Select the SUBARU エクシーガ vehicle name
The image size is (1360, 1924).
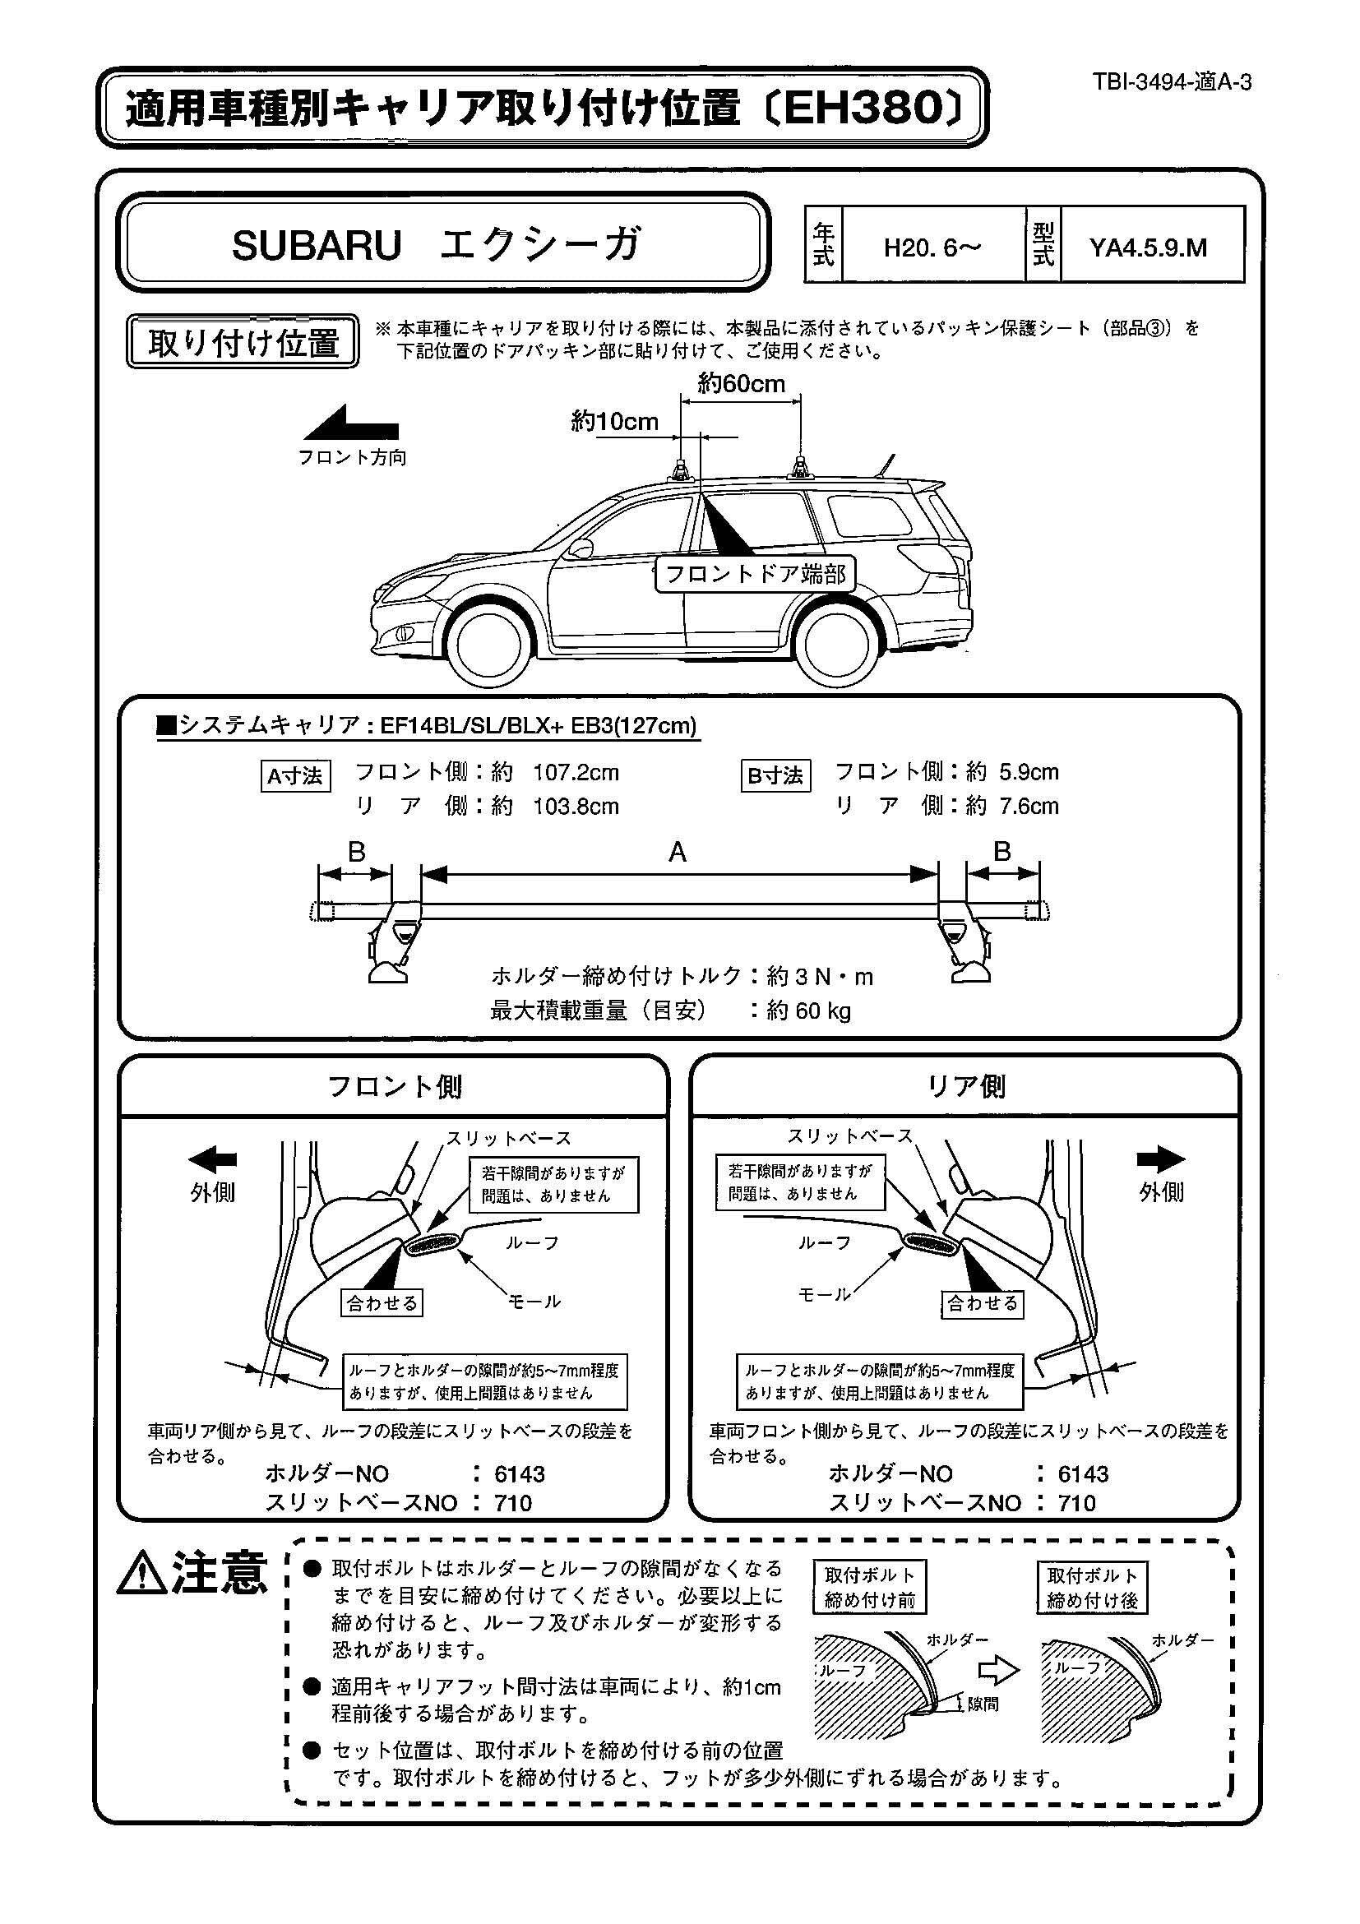pos(437,246)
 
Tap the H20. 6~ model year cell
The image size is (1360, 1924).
pos(932,247)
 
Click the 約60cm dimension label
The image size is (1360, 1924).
pos(741,384)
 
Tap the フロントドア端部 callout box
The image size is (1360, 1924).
pos(754,575)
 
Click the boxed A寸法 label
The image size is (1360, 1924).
pos(295,776)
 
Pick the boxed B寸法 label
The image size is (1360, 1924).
pos(775,776)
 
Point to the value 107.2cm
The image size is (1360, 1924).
pos(576,772)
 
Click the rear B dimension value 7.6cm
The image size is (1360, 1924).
pos(1029,806)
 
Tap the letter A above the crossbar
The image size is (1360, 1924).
pos(677,853)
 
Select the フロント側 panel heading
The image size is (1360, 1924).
pos(394,1087)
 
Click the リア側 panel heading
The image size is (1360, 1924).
pos(965,1087)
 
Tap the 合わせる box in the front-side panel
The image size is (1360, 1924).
pos(382,1302)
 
